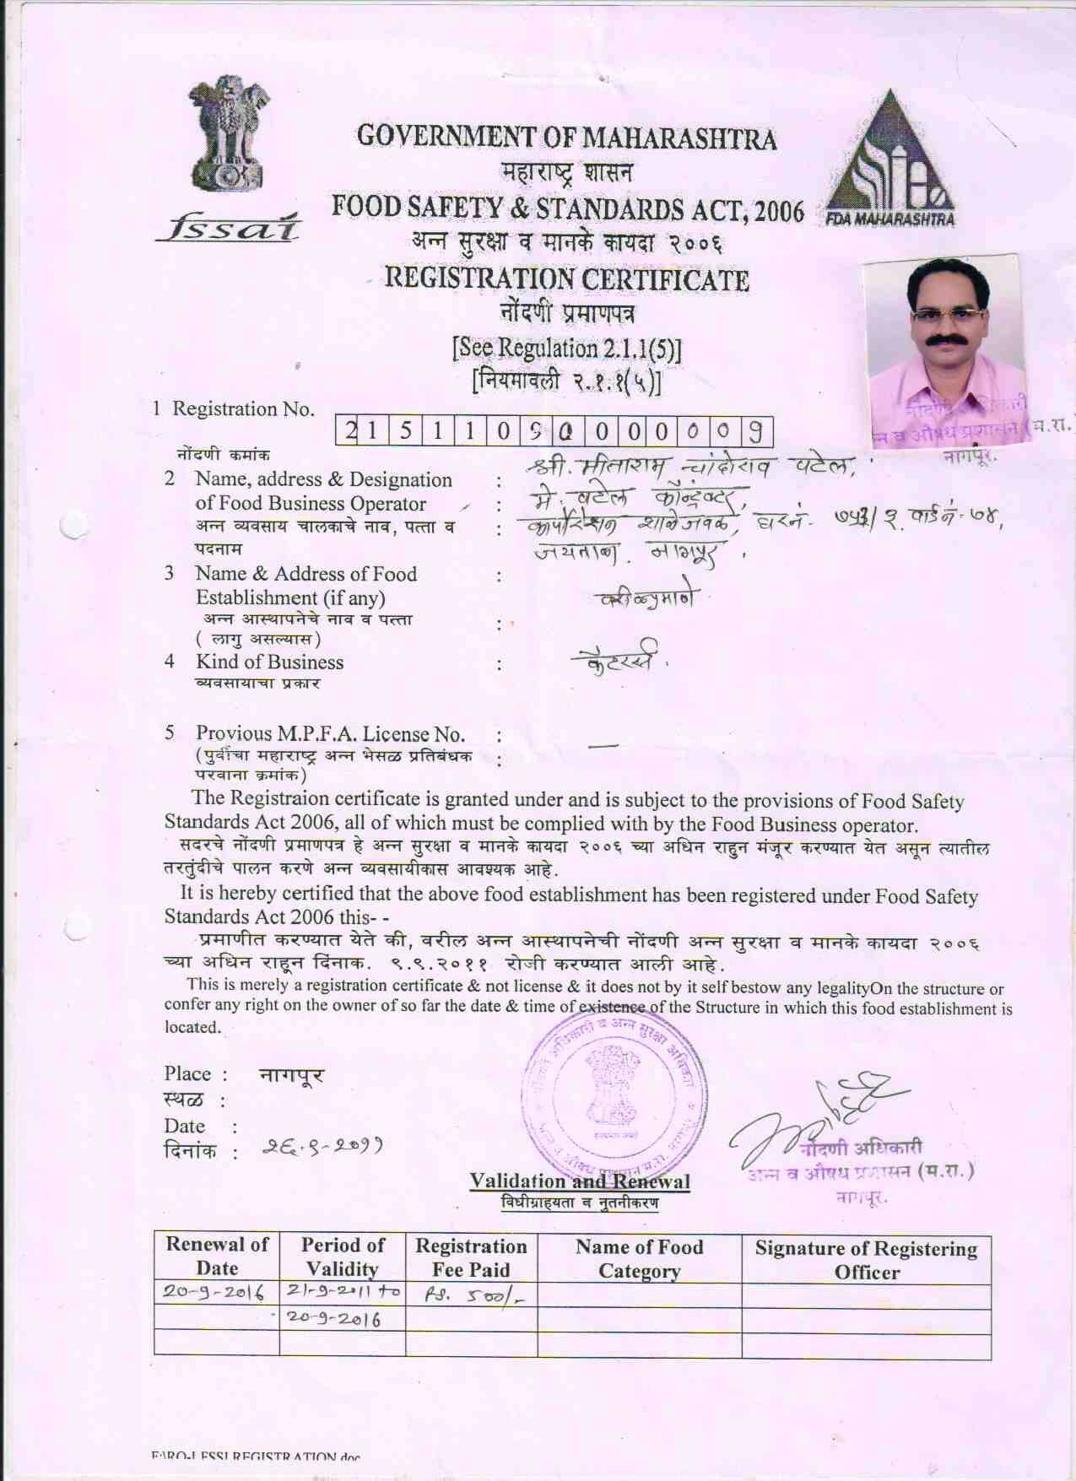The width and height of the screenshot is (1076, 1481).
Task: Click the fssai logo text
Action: (228, 225)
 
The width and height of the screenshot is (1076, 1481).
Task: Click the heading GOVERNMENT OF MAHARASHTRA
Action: (566, 137)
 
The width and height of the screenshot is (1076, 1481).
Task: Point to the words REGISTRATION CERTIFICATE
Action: (566, 278)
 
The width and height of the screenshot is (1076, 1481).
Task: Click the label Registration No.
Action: (243, 409)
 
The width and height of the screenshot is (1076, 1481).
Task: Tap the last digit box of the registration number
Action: (756, 432)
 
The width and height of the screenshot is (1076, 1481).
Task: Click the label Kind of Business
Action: (269, 662)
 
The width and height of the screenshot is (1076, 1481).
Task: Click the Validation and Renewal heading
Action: (579, 1181)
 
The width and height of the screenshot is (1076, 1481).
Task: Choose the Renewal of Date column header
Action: (217, 1256)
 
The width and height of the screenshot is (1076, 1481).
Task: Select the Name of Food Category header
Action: (639, 1258)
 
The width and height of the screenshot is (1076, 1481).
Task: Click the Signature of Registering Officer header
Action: (866, 1260)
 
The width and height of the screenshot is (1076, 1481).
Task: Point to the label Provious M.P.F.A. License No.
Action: (330, 733)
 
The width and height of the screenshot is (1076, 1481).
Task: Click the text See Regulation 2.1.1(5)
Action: (566, 348)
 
